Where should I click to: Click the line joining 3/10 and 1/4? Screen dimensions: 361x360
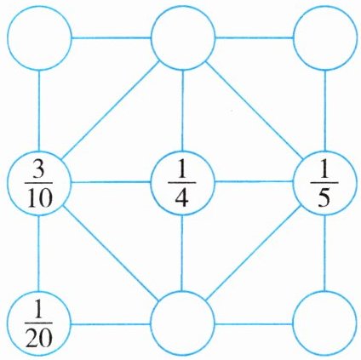[x=111, y=181]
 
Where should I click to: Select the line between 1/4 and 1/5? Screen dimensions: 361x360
[x=254, y=181]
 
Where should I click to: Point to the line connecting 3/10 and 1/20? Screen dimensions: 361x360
[x=39, y=253]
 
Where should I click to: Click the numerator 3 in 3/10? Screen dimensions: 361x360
[x=39, y=170]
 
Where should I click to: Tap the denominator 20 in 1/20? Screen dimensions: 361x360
[x=39, y=339]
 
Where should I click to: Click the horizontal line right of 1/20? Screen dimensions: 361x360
[x=111, y=324]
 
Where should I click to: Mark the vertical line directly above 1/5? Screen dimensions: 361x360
[x=325, y=110]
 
